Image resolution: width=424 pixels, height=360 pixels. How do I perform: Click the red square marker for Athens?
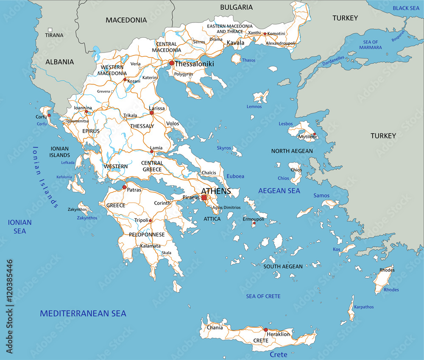click(204, 198)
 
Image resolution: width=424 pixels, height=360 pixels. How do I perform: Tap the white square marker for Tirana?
click(50, 30)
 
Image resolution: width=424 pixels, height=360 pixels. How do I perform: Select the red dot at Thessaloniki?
click(171, 63)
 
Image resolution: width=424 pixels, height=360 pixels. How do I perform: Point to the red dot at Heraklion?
click(266, 330)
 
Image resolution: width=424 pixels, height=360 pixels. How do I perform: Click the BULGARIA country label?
click(236, 7)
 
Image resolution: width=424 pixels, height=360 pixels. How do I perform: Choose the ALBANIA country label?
click(59, 62)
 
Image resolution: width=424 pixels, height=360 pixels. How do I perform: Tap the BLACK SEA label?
click(406, 8)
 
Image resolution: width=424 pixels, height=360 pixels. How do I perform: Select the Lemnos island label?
click(254, 106)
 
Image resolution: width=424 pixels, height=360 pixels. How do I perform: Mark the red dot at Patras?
click(124, 187)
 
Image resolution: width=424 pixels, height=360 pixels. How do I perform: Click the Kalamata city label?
click(151, 246)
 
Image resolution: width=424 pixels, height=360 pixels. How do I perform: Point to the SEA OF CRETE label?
click(263, 296)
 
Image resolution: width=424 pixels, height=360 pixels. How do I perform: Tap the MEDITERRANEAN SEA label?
click(83, 313)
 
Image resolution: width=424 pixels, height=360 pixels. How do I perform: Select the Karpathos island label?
click(364, 307)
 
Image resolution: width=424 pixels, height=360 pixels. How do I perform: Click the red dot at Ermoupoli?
click(254, 223)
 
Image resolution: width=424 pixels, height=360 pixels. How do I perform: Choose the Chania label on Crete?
click(215, 327)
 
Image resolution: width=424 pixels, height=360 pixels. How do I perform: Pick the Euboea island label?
click(235, 176)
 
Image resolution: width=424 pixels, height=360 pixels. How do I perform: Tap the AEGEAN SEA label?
click(279, 191)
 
